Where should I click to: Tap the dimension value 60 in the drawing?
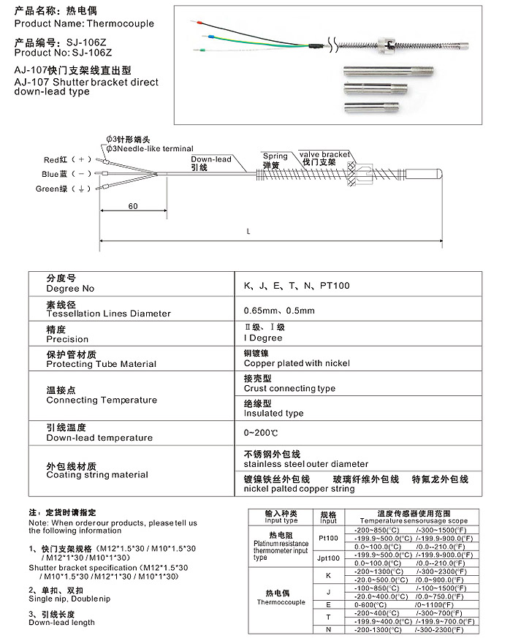[133, 206]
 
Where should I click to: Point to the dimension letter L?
[249, 232]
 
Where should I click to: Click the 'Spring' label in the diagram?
[275, 156]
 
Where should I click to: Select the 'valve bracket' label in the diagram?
[324, 155]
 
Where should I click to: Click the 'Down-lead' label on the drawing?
[210, 159]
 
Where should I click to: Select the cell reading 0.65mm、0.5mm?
[278, 311]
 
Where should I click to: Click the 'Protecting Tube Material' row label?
[101, 364]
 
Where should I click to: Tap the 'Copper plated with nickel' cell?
[297, 363]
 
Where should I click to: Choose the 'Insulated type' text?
[273, 413]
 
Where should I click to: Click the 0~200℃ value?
[261, 433]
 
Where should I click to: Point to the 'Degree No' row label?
[70, 289]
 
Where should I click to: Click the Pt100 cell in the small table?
[328, 537]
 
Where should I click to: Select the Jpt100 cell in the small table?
[328, 558]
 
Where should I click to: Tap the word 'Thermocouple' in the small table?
[281, 603]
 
